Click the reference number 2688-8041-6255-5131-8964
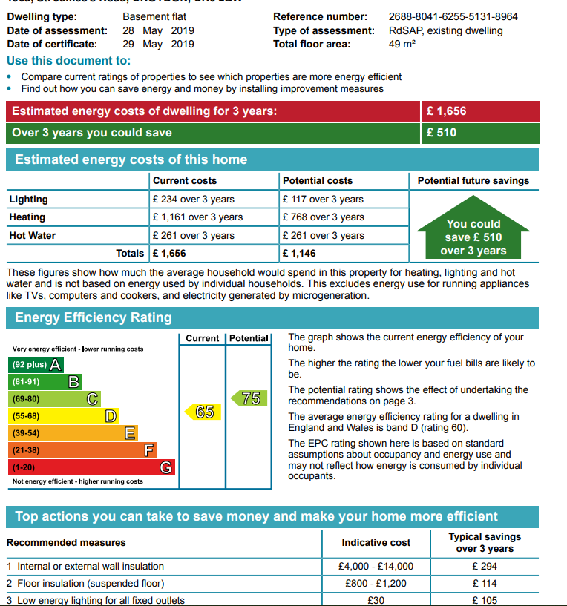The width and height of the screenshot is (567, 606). [x=453, y=16]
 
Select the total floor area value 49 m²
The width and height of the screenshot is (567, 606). [x=402, y=44]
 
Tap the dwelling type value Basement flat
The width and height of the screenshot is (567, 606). [x=154, y=16]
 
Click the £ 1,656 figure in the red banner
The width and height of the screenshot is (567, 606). [x=446, y=111]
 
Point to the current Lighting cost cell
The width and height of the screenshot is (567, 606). [x=193, y=199]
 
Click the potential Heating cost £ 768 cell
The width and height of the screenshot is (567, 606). [x=323, y=217]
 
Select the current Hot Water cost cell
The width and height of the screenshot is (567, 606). [x=193, y=236]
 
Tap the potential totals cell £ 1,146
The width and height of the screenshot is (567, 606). [x=301, y=253]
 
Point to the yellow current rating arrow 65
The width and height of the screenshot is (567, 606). [x=203, y=412]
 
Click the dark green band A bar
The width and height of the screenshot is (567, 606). [x=36, y=365]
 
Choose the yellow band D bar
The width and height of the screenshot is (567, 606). [x=64, y=416]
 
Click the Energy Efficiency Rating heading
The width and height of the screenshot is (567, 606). [x=94, y=317]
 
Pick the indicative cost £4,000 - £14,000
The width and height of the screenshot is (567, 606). [x=376, y=566]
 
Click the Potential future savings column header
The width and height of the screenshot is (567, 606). [x=473, y=181]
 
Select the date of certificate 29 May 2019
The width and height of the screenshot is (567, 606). [x=159, y=44]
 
